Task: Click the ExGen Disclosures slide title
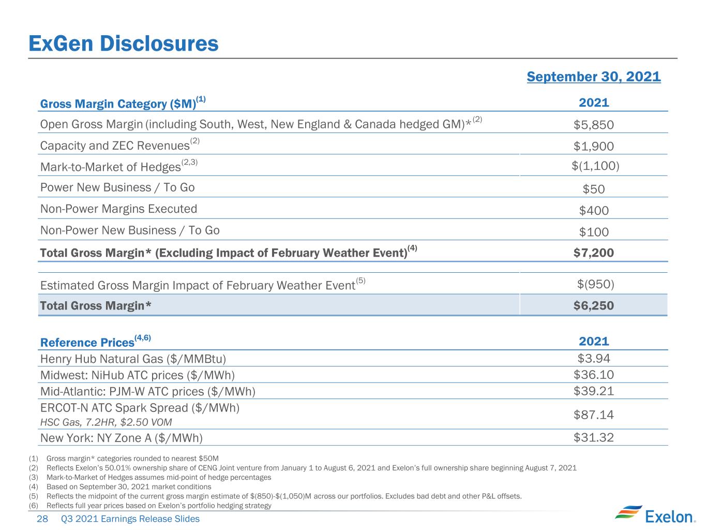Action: click(x=124, y=43)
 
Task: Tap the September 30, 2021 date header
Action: click(x=593, y=77)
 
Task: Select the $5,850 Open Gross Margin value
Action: click(x=593, y=125)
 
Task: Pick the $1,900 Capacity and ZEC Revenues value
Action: click(x=593, y=146)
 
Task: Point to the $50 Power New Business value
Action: click(x=593, y=189)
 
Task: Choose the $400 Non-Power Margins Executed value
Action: click(x=593, y=211)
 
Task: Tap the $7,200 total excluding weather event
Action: click(x=593, y=253)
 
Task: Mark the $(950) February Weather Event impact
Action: click(x=595, y=284)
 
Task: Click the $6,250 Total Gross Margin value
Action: click(x=593, y=305)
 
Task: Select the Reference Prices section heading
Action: click(x=95, y=341)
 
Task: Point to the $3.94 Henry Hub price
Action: click(x=593, y=359)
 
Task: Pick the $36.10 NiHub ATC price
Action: click(x=593, y=375)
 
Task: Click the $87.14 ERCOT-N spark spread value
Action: click(x=593, y=415)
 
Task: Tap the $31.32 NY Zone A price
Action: click(x=593, y=438)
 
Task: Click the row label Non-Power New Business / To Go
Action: click(x=130, y=230)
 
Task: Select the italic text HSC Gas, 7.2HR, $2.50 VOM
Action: click(x=106, y=422)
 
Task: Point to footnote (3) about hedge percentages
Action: click(x=150, y=477)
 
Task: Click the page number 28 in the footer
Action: click(x=42, y=519)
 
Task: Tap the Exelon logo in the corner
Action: click(x=655, y=514)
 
